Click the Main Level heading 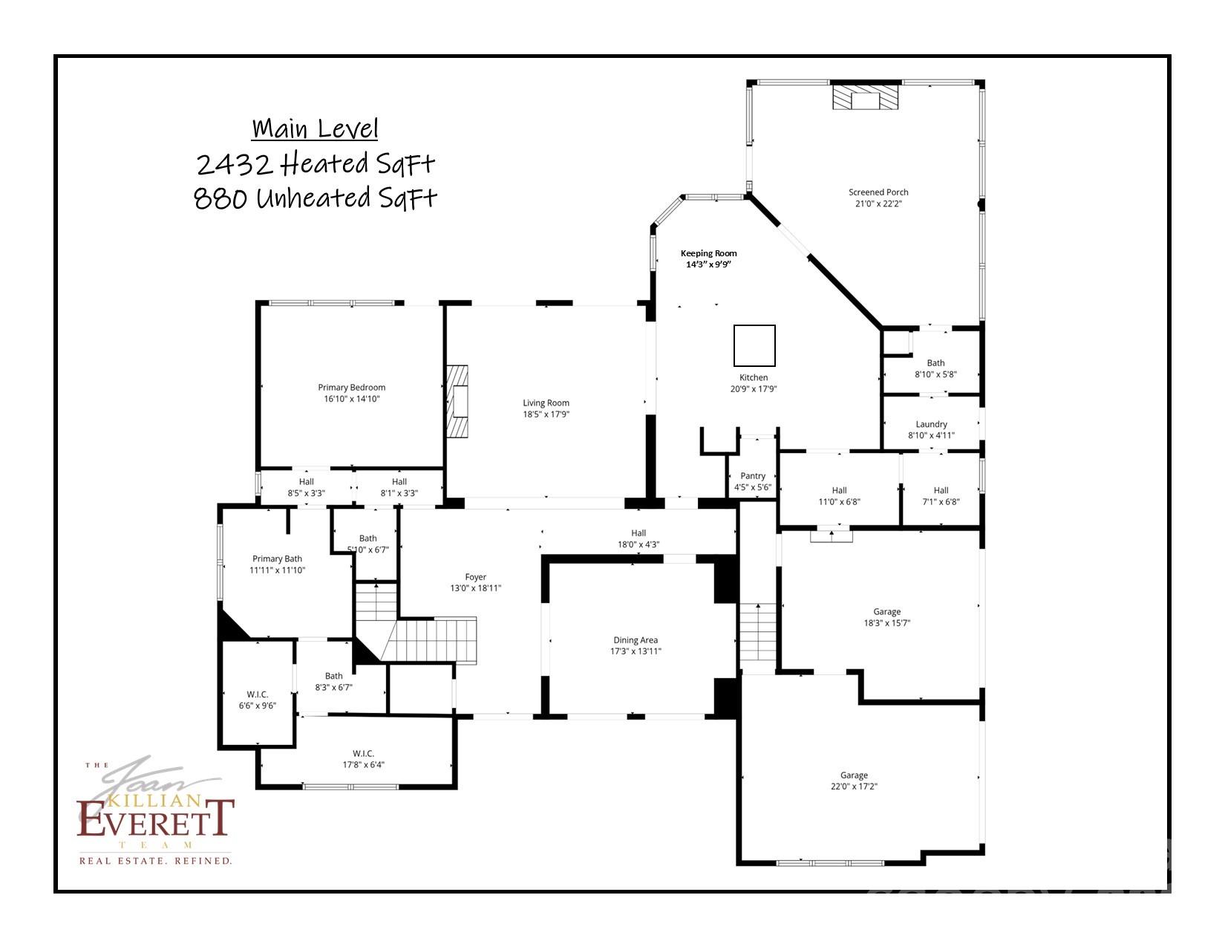(315, 128)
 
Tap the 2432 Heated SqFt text (316, 163)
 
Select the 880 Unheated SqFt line (316, 198)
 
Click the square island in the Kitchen (754, 345)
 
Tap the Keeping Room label (708, 253)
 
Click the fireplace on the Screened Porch (864, 97)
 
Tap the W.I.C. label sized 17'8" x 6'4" (363, 759)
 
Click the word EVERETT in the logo (156, 819)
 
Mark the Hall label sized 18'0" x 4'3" (638, 538)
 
